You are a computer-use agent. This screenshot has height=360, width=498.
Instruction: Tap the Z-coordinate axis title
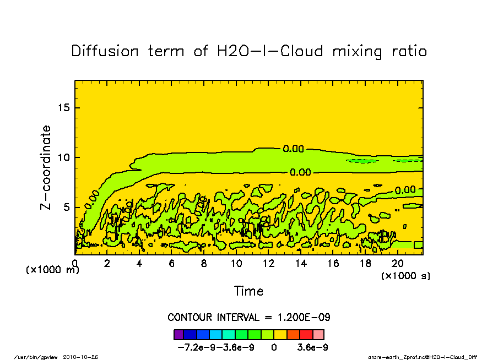(x=46, y=167)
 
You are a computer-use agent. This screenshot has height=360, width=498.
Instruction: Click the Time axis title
(x=248, y=291)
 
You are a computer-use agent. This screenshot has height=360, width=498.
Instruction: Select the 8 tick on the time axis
(x=204, y=264)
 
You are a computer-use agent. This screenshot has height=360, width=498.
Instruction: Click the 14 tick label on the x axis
(x=301, y=264)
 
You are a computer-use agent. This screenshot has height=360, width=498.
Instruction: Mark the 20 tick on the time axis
(x=398, y=264)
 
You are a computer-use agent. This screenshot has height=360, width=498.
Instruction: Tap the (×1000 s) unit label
(x=405, y=275)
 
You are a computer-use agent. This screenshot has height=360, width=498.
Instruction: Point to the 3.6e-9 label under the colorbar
(x=313, y=348)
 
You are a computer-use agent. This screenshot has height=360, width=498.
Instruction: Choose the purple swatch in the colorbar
(x=178, y=334)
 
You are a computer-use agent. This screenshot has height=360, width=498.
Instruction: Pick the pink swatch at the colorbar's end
(x=318, y=334)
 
